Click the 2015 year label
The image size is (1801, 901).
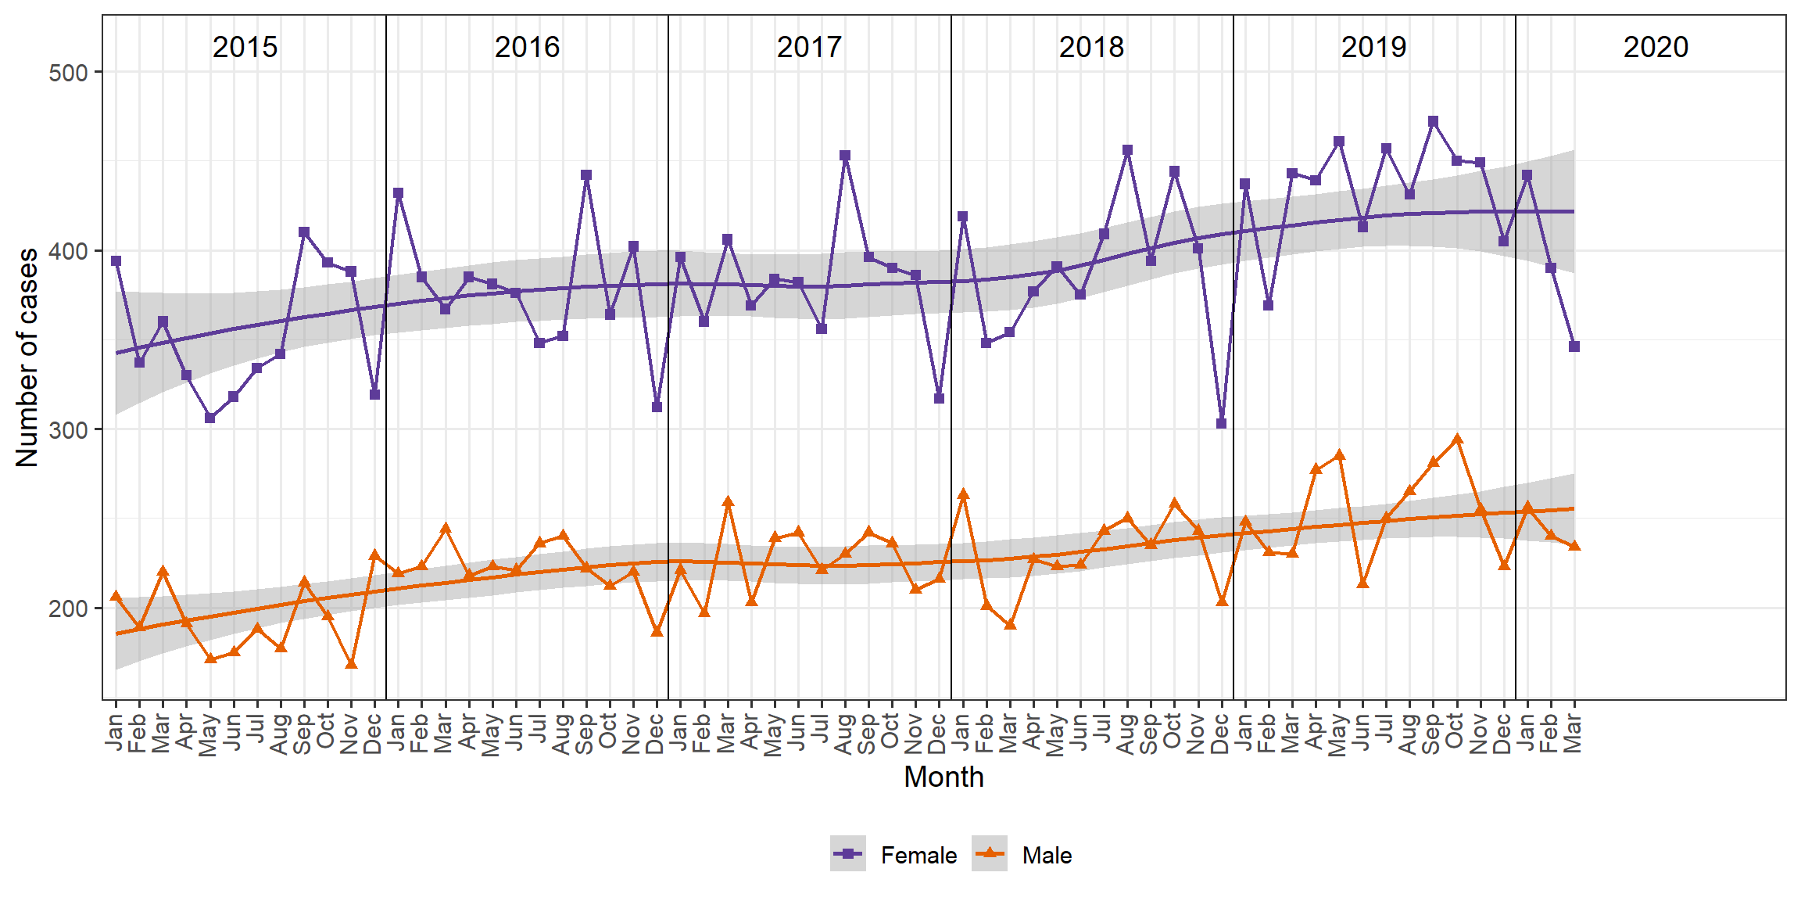click(x=245, y=47)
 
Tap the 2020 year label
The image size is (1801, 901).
click(x=1656, y=47)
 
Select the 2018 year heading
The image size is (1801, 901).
click(x=1091, y=47)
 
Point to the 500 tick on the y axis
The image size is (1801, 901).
click(x=68, y=73)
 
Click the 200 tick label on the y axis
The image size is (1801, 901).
click(x=68, y=608)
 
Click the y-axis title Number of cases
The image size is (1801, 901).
click(x=27, y=357)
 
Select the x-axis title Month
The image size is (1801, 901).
click(x=943, y=777)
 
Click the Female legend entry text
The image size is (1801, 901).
click(x=918, y=855)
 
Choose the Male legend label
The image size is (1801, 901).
click(x=1047, y=855)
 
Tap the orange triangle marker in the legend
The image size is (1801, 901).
click(x=990, y=853)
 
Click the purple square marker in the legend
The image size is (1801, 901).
click(x=848, y=853)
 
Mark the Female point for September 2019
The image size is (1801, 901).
click(x=1433, y=121)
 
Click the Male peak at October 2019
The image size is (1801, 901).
click(x=1456, y=440)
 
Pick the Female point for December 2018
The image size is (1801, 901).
click(x=1221, y=423)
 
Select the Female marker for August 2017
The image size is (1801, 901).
click(x=845, y=156)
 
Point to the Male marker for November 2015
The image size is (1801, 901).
click(x=351, y=663)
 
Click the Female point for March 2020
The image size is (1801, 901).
click(x=1574, y=346)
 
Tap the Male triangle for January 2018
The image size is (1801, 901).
click(x=963, y=494)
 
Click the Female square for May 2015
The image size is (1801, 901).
click(x=209, y=418)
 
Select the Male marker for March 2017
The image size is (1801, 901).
click(x=728, y=501)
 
